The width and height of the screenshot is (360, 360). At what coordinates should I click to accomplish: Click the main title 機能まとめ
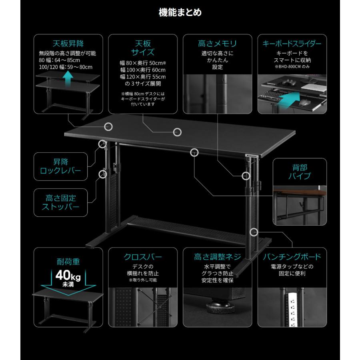click(180, 12)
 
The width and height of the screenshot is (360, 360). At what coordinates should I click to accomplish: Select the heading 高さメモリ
click(218, 43)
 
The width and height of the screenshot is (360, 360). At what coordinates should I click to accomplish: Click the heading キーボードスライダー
click(292, 43)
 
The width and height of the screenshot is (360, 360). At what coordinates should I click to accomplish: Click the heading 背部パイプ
click(300, 171)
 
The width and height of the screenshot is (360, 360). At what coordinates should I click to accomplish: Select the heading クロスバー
click(143, 256)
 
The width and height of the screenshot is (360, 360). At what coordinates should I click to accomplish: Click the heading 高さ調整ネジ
click(218, 256)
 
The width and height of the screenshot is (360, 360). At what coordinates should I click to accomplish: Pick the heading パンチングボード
click(292, 256)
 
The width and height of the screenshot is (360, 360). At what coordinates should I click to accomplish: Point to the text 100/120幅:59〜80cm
click(66, 67)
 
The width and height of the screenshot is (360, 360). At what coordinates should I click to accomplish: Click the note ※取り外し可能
click(143, 280)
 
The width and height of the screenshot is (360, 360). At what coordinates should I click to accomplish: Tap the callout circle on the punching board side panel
click(254, 232)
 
